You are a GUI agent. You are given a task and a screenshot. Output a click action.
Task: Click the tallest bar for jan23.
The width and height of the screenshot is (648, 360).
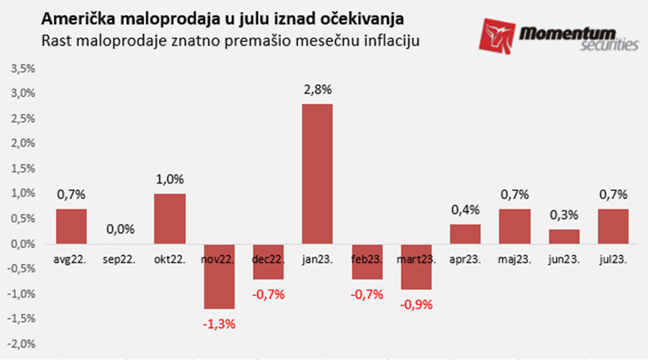(317, 173)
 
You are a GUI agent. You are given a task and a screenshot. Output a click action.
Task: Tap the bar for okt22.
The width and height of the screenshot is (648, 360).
(170, 218)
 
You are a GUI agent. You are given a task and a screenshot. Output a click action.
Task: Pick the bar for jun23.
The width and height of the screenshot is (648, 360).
(564, 236)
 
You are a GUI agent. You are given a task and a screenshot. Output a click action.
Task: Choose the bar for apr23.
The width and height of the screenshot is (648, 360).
(465, 233)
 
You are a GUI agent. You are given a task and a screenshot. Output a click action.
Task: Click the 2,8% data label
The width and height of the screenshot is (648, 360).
(317, 90)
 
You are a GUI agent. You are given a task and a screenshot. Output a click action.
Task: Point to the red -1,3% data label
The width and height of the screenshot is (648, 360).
(219, 323)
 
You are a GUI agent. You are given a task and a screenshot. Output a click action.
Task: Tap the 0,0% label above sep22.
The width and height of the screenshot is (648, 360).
(120, 229)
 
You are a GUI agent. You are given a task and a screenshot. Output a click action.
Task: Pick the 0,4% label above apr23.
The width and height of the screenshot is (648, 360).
(465, 210)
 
